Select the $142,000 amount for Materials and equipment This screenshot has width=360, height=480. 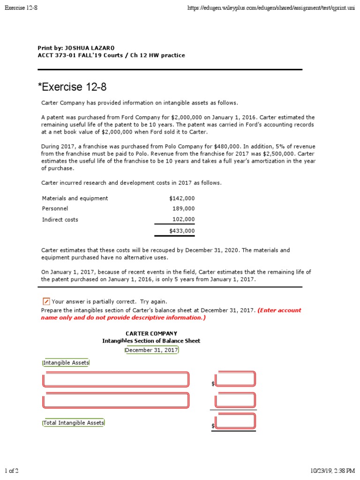point(182,198)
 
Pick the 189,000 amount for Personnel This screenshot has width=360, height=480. point(184,209)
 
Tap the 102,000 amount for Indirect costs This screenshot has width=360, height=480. point(184,219)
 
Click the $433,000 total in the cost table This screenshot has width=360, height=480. point(182,231)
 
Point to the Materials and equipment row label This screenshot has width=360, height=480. point(75,198)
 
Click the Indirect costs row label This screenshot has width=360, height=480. point(60,219)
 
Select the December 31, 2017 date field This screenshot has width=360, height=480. point(151,350)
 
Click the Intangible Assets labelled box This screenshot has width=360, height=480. point(66,363)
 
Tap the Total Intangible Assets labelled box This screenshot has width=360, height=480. point(74,423)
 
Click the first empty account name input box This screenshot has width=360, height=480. point(116,379)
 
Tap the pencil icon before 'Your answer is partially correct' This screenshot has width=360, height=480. point(46,301)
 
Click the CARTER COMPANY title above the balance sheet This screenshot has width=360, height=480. point(151,333)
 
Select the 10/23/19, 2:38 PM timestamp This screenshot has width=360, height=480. point(332,470)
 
